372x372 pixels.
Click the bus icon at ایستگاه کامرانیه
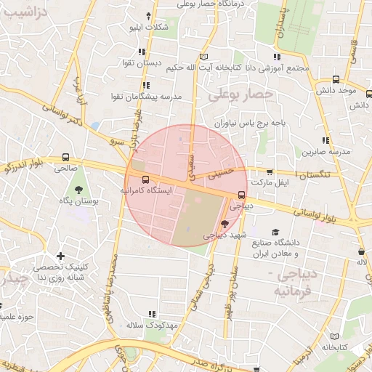(145, 179)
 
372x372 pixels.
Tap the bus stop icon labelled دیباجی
(241, 194)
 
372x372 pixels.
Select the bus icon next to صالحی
(66, 157)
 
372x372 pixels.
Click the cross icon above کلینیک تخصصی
(60, 256)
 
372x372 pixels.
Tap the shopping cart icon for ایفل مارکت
(270, 172)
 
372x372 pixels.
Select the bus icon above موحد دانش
(335, 80)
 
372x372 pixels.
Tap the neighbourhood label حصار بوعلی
(240, 94)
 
